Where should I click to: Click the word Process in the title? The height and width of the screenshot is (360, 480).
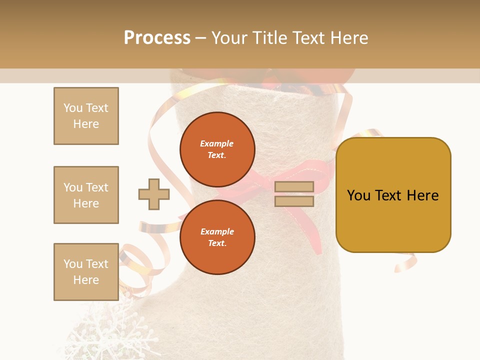pos(157,38)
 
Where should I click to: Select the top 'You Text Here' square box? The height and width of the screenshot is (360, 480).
pos(86,116)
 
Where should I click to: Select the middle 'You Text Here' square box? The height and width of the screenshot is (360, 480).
pos(86,195)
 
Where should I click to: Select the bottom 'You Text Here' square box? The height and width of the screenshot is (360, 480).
pos(86,272)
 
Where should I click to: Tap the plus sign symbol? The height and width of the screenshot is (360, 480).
pos(154,194)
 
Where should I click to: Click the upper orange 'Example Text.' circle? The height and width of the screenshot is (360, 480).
pos(217,149)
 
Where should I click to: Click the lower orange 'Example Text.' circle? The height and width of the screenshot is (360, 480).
pos(217,237)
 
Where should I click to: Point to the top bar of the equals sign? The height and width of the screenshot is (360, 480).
pos(294,187)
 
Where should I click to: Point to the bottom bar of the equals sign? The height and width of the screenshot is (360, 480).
pos(294,201)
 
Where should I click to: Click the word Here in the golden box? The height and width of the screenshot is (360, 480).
pos(422,195)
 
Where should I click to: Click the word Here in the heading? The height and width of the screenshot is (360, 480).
pos(349,38)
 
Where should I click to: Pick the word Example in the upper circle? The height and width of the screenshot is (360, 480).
pos(217,143)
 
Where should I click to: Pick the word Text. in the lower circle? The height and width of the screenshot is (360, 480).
pos(217,243)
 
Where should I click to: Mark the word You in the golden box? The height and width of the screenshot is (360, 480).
pos(358,195)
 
